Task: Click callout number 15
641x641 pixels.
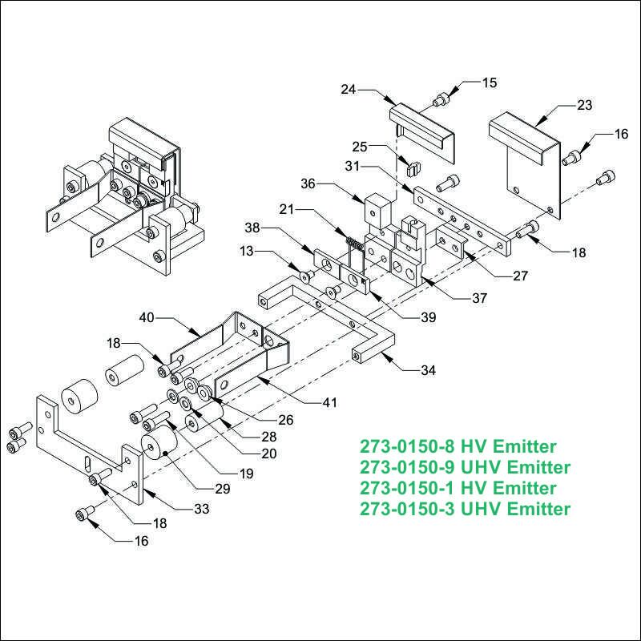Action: click(x=490, y=83)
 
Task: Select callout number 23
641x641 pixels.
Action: click(x=585, y=106)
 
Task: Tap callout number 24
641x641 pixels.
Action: click(x=349, y=90)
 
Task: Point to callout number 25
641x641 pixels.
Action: click(x=360, y=147)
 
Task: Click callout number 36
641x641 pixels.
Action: click(x=308, y=184)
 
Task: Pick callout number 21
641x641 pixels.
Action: click(x=287, y=210)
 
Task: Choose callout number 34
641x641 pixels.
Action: click(x=429, y=371)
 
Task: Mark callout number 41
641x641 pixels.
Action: click(x=329, y=403)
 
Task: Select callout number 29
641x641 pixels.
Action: click(x=223, y=489)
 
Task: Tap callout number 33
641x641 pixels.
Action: click(x=202, y=509)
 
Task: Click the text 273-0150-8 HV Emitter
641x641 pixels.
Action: click(x=458, y=446)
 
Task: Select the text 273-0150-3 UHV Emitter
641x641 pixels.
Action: click(x=465, y=509)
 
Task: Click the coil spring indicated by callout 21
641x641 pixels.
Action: click(x=355, y=244)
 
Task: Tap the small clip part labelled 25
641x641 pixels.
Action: click(x=414, y=168)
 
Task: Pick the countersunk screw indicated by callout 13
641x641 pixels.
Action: click(x=306, y=276)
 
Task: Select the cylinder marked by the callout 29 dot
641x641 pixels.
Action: click(x=159, y=444)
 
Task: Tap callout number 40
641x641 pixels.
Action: click(x=147, y=317)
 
